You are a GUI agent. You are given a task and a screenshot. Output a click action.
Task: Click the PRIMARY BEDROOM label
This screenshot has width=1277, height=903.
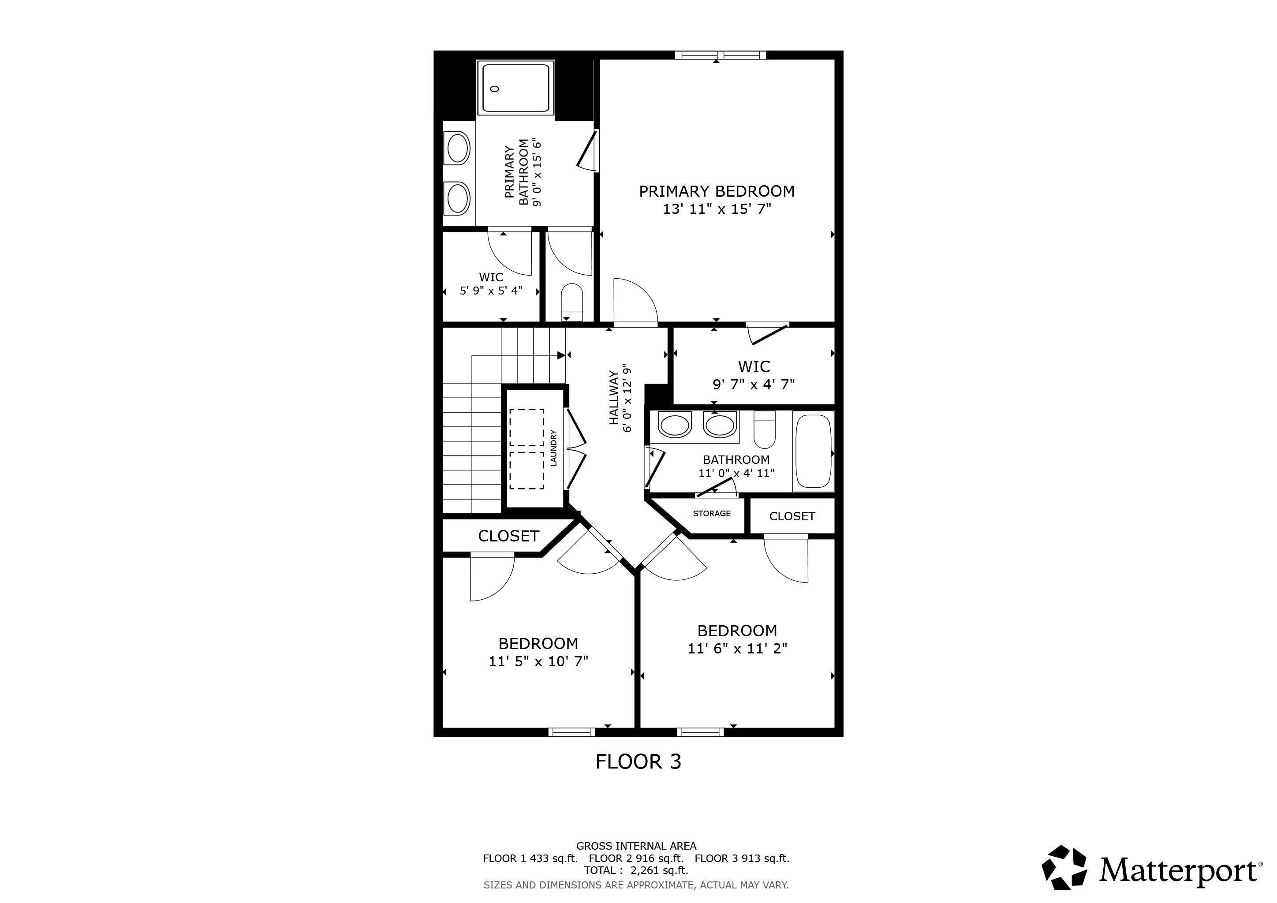(x=717, y=191)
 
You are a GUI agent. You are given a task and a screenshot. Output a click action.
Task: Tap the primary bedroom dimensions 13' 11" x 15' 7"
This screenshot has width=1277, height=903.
(x=717, y=209)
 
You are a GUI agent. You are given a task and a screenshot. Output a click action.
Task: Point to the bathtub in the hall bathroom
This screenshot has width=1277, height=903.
(x=813, y=451)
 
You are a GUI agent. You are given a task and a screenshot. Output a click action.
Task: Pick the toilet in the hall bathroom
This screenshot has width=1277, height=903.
(x=765, y=430)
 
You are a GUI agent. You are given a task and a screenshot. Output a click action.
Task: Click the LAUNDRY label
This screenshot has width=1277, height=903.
(x=553, y=448)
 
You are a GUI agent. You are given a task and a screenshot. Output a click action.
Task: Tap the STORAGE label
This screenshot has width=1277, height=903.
(x=711, y=513)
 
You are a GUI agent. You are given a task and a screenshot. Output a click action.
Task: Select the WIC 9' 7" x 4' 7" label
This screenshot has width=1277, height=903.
(x=754, y=375)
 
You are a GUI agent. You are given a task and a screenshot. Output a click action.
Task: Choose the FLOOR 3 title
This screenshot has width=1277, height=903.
(x=638, y=761)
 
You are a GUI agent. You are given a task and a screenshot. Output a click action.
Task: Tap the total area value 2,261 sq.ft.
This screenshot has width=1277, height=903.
(x=659, y=871)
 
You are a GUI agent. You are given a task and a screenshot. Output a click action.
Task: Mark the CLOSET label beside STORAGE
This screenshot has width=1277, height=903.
(x=792, y=516)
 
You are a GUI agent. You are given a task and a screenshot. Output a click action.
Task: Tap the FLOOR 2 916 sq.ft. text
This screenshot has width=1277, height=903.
(x=636, y=858)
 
